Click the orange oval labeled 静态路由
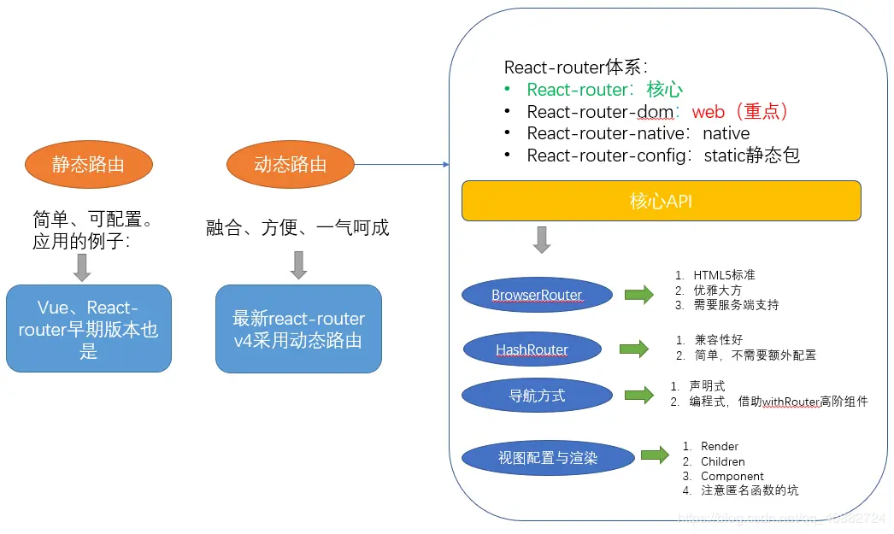coord(89,164)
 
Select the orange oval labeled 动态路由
coord(291,164)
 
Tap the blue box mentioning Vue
coord(89,329)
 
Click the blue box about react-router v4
coord(298,329)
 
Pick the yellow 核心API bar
coord(661,202)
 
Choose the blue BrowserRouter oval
coord(537,296)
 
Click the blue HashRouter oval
coord(532,349)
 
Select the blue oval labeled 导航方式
coord(537,396)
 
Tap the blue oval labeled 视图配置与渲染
coord(548,458)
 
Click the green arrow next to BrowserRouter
coord(638,295)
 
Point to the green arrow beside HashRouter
coord(633,349)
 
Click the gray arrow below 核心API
coord(542,240)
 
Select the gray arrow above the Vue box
coord(82,267)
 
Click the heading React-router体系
coord(576,67)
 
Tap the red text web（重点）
coord(740,111)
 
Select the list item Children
coord(722,461)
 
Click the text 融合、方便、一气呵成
coord(297,227)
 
